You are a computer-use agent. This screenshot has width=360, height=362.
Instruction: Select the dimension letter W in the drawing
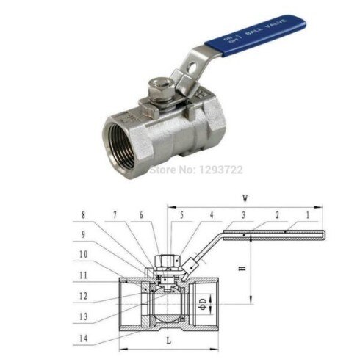pyautogui.click(x=242, y=197)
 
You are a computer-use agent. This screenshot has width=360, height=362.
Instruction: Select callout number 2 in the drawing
pyautogui.click(x=277, y=215)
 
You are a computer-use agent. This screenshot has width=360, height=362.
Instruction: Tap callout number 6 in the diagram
pyautogui.click(x=142, y=215)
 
